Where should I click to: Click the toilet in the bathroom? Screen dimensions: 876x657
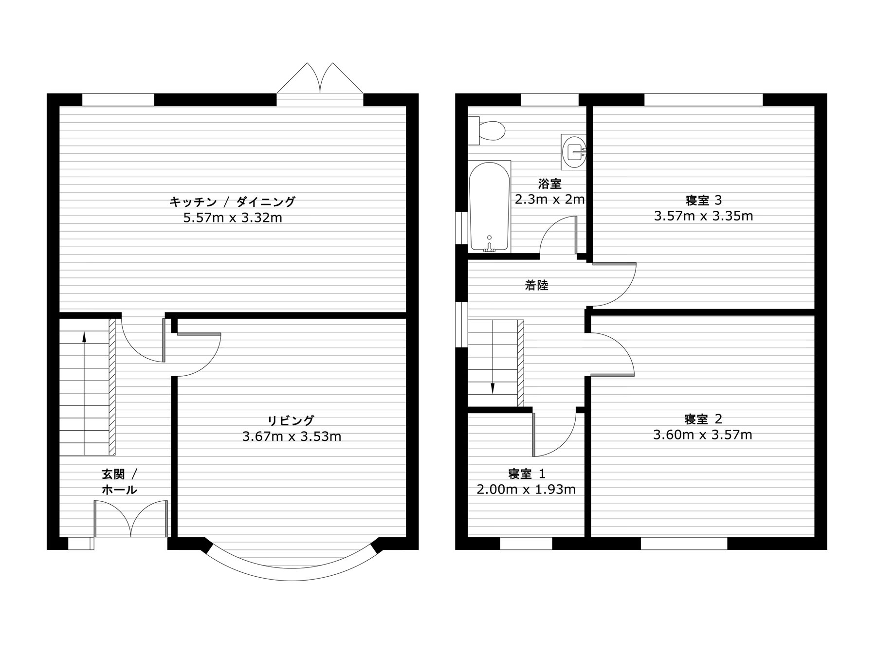point(486,130)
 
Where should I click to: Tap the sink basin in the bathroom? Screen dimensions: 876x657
point(574,152)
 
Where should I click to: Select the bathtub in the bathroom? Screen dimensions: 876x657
point(490,207)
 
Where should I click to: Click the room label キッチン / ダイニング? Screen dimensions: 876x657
point(233,201)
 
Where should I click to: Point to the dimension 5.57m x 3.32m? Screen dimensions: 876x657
point(233,218)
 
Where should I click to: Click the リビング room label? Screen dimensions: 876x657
point(291,420)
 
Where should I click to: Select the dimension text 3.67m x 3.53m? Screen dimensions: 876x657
point(292,437)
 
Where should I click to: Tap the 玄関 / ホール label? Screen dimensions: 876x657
point(120,482)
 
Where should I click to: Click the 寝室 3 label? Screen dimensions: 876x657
point(703,200)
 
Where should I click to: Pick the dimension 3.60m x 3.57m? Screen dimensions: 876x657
point(703,435)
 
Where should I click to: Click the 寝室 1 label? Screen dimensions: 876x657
point(527,474)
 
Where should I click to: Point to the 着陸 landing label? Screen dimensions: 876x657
point(536,285)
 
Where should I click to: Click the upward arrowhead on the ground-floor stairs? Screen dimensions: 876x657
point(84,336)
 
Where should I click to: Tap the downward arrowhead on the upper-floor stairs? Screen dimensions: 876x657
point(493,388)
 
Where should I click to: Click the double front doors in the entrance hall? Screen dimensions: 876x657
point(131,519)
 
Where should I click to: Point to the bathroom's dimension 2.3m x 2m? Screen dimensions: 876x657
point(550,200)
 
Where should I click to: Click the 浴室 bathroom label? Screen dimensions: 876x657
point(550,184)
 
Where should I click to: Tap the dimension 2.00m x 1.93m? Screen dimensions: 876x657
point(526,490)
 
